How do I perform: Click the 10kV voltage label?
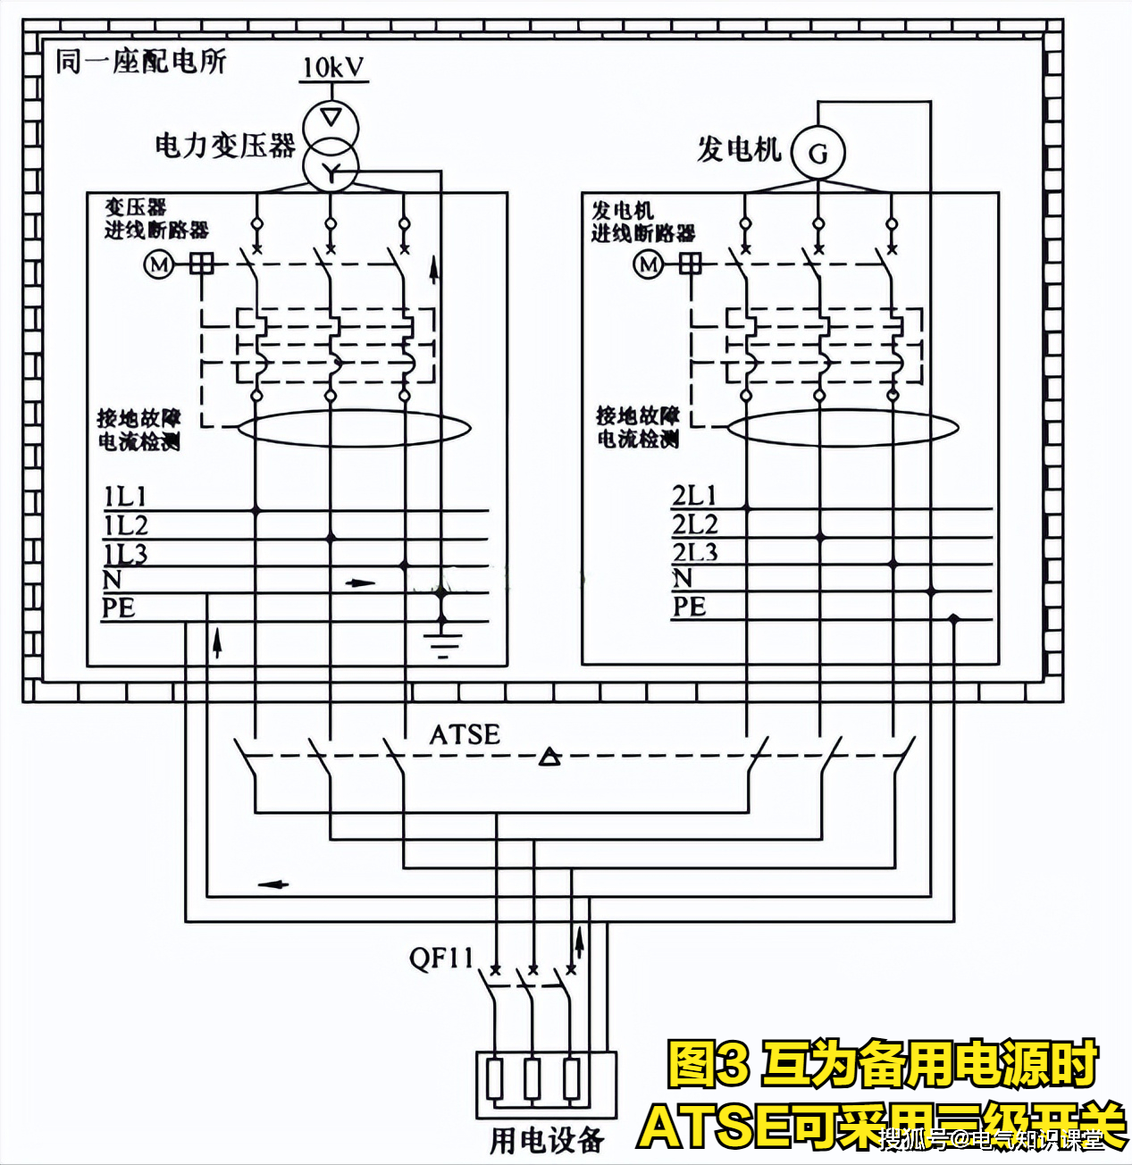(x=333, y=67)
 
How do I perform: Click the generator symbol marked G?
(x=818, y=153)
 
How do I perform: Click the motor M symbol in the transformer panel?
(x=158, y=264)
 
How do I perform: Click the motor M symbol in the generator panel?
(x=649, y=264)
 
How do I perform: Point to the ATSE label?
(x=465, y=734)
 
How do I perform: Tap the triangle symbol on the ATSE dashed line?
(x=549, y=759)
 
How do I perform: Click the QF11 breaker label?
(x=441, y=958)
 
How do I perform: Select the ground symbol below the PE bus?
(x=441, y=643)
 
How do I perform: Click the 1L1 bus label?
(x=125, y=497)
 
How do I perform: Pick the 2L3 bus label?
(x=695, y=552)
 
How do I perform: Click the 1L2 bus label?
(x=125, y=525)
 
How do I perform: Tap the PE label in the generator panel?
(x=689, y=607)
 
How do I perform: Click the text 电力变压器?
(x=224, y=146)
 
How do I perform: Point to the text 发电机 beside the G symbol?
(x=739, y=149)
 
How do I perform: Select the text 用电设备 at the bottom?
(x=546, y=1140)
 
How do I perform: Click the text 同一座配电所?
(x=141, y=61)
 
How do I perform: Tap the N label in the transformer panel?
(x=112, y=581)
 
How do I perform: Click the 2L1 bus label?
(x=694, y=496)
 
